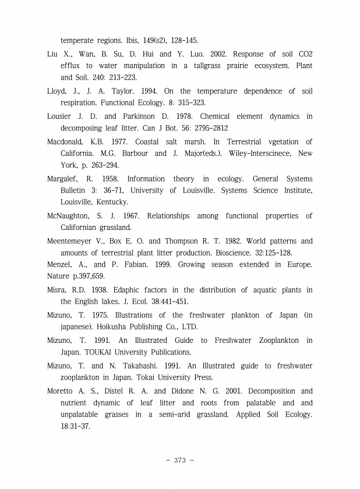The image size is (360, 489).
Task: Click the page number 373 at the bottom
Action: [179, 460]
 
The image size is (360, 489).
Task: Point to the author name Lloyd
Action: [57, 91]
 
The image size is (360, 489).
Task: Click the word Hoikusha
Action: [97, 327]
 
